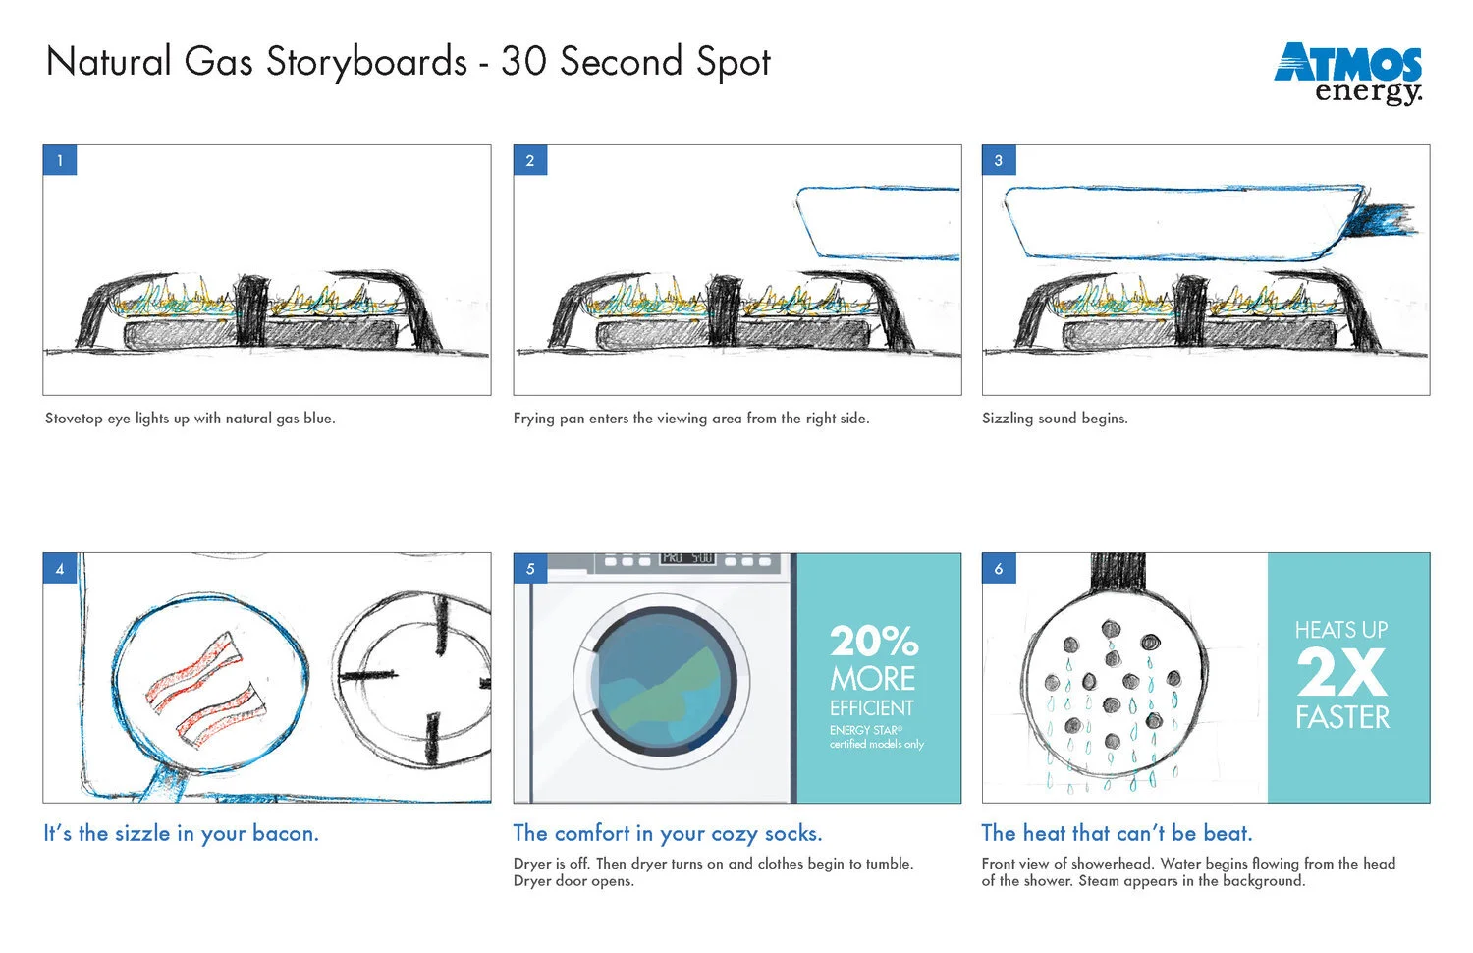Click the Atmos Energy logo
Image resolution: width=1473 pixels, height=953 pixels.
click(1348, 73)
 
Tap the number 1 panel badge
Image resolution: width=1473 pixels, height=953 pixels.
click(60, 160)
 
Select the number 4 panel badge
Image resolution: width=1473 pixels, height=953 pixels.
click(60, 568)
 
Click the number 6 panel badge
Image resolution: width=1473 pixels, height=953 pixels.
click(999, 568)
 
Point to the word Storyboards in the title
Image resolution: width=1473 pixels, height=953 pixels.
click(366, 62)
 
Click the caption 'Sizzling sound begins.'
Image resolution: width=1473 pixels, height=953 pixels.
click(1055, 419)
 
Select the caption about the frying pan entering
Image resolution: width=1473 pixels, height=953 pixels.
click(690, 419)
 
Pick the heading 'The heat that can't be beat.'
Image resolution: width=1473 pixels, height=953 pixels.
click(1117, 833)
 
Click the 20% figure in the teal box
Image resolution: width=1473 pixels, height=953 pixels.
click(874, 642)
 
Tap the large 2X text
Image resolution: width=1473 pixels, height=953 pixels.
click(1341, 673)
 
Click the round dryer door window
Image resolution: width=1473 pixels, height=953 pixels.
click(664, 678)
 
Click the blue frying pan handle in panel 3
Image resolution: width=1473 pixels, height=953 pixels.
click(1383, 221)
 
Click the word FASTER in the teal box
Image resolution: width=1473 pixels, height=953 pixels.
click(1342, 717)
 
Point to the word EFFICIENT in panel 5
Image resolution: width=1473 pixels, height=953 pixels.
click(871, 708)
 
